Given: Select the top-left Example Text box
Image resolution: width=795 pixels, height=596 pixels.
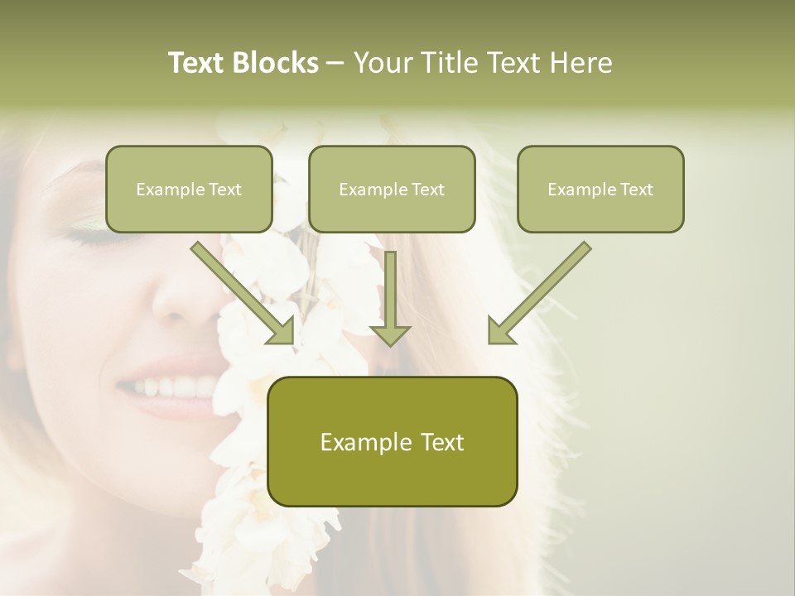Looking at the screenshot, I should pos(189,189).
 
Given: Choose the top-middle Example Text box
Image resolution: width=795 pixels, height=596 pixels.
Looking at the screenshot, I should pos(392,189).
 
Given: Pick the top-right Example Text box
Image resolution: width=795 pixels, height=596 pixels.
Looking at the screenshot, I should pos(600,189).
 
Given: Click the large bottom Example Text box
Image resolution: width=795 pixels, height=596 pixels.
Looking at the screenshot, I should pos(392,441).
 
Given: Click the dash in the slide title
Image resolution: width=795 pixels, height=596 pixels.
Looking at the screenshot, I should pos(335,64).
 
